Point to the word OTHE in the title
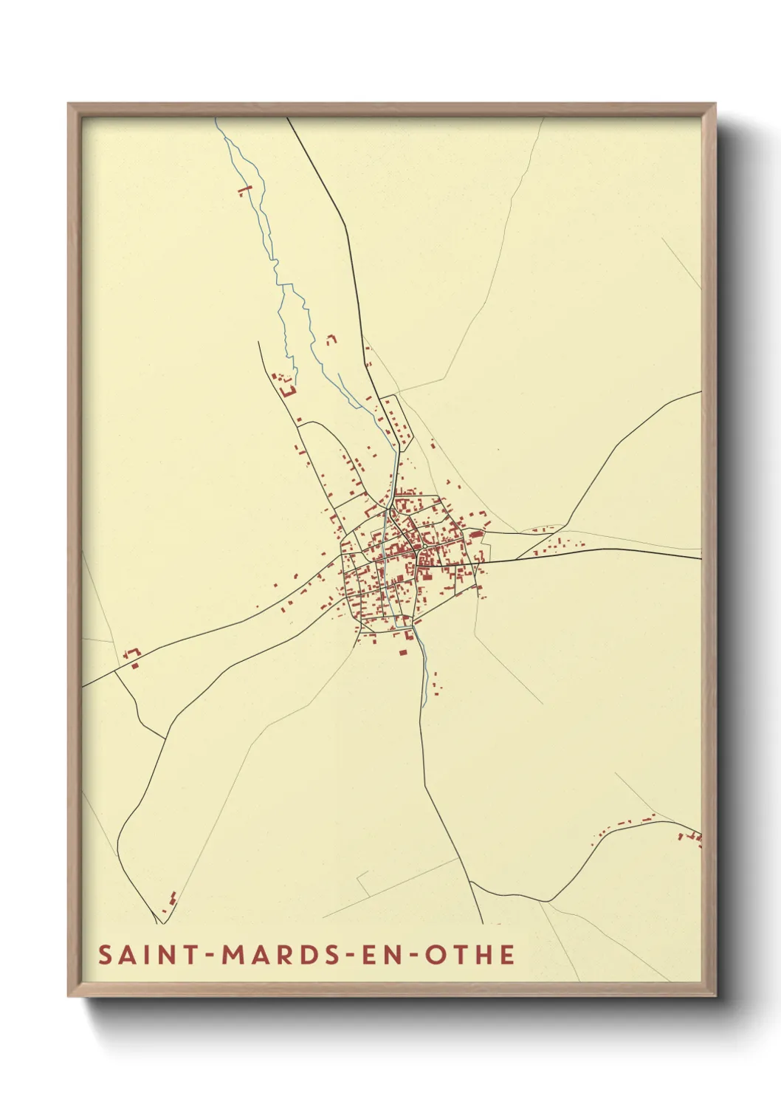pyautogui.click(x=469, y=955)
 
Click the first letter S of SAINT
pyautogui.click(x=105, y=955)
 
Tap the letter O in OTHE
pyautogui.click(x=436, y=955)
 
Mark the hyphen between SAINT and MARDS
pyautogui.click(x=210, y=956)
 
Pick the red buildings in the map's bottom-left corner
pyautogui.click(x=171, y=900)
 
